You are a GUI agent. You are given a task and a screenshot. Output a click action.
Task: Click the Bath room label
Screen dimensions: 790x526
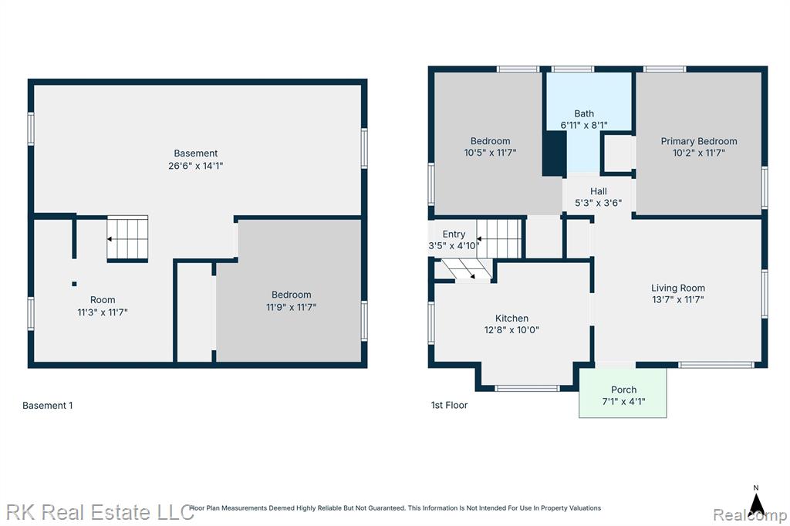[x=584, y=114]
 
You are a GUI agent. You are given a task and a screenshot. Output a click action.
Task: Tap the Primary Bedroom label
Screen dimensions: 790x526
[x=699, y=142]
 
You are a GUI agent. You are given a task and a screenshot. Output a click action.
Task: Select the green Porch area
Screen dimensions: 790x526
[x=623, y=393]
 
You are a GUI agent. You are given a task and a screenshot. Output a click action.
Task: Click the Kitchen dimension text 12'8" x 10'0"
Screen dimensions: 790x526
[x=511, y=330]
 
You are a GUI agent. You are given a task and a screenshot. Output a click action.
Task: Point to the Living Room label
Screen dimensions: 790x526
[x=677, y=288]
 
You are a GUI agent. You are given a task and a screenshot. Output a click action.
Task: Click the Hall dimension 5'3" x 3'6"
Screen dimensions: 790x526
[x=598, y=203]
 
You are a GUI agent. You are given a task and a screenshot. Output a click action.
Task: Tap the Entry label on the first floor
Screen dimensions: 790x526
[x=454, y=234]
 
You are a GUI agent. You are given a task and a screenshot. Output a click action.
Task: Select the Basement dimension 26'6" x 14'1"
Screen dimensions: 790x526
[x=195, y=166]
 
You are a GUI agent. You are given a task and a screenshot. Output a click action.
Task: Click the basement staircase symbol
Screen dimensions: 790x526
[x=127, y=238]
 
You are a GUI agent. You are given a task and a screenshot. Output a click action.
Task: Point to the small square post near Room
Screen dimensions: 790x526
[x=74, y=284]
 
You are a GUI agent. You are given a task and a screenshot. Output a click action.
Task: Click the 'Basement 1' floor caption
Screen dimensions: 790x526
[x=47, y=406]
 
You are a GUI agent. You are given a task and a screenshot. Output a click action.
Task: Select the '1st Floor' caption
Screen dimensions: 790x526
[x=449, y=405]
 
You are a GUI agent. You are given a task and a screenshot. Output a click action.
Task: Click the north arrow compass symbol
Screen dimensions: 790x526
[x=756, y=501]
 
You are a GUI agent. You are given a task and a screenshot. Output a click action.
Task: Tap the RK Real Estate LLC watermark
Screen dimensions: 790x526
[x=100, y=513]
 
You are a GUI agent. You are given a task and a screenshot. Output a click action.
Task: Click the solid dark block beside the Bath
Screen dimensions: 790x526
[x=554, y=153]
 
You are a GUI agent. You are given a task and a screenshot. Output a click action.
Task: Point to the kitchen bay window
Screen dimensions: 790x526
[x=526, y=388]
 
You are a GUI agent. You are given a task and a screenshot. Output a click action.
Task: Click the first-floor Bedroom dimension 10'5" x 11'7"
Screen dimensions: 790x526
[x=490, y=153]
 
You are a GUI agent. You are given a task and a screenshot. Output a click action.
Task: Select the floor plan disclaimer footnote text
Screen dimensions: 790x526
[x=395, y=508]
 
